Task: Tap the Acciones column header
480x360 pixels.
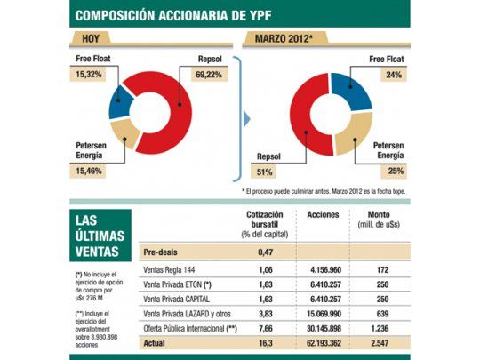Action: tap(323, 215)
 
